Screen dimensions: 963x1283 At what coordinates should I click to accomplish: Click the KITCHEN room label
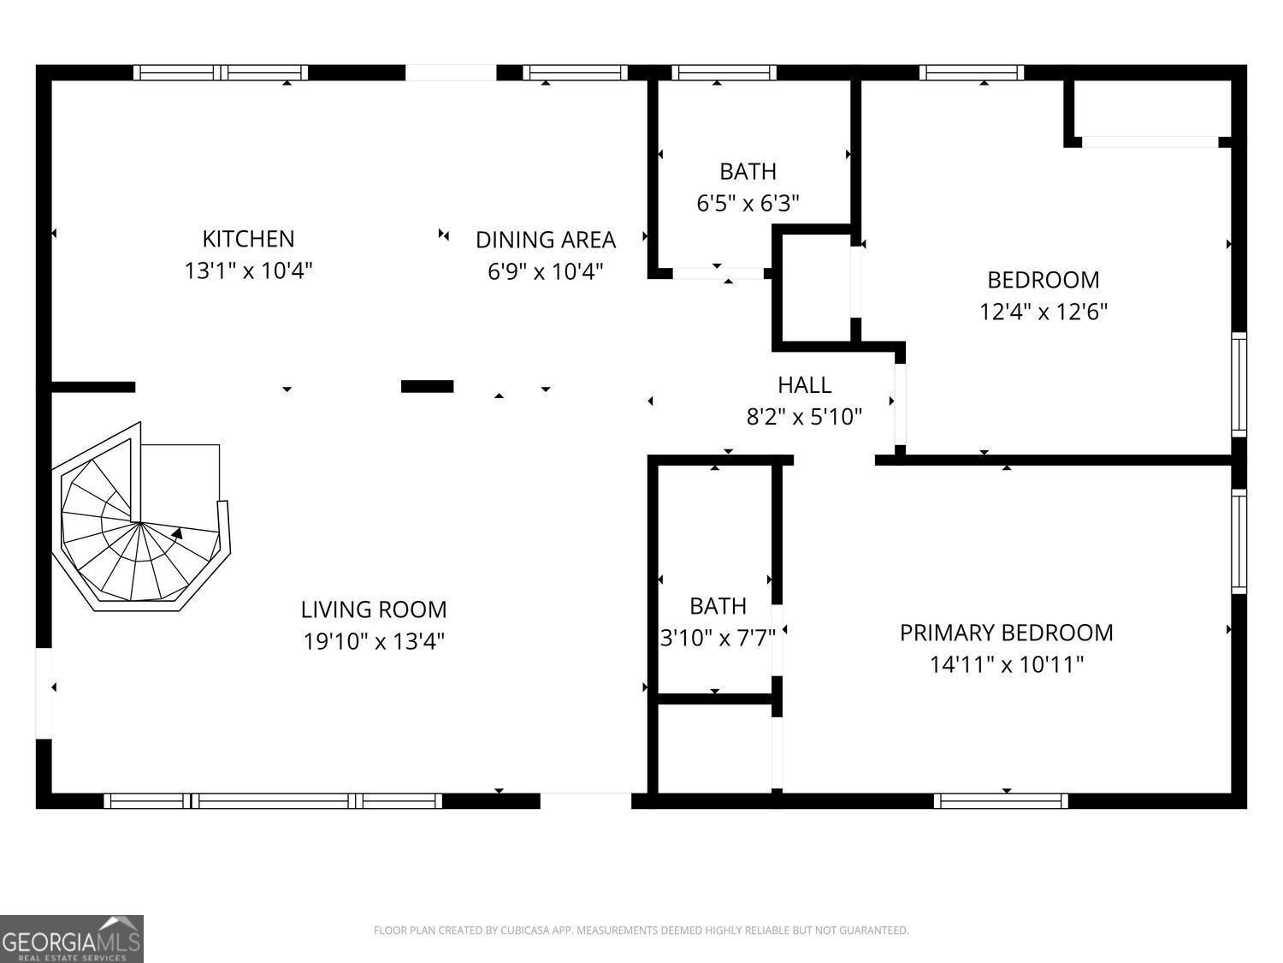[x=248, y=239]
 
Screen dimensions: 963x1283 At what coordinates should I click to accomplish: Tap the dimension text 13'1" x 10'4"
[x=248, y=271]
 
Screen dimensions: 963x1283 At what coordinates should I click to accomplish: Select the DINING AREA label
[x=546, y=240]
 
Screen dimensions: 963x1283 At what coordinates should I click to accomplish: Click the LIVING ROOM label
[x=374, y=609]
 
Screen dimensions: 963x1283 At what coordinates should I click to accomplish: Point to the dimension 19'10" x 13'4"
[x=374, y=641]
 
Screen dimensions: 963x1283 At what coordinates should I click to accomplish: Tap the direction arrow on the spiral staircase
[x=177, y=533]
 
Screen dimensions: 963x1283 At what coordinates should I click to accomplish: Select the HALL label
[x=804, y=385]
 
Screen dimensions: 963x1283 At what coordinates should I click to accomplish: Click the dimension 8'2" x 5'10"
[x=804, y=417]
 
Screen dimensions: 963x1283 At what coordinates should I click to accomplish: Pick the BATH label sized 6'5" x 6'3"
[x=748, y=172]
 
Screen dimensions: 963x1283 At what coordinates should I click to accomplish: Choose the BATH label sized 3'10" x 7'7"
[x=718, y=606]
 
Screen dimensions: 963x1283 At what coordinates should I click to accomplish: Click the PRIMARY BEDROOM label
[x=1006, y=633]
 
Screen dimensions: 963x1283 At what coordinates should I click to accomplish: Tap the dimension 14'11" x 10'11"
[x=1006, y=664]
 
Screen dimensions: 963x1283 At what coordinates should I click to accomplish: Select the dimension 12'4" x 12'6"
[x=1043, y=312]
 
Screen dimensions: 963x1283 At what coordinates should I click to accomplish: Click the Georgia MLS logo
[x=72, y=939]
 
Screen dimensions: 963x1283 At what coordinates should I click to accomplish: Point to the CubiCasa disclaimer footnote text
[x=641, y=930]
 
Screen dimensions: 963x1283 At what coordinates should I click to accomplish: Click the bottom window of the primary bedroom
[x=1001, y=800]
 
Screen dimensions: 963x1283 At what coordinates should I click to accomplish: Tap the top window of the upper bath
[x=724, y=73]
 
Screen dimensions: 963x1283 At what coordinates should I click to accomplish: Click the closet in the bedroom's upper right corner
[x=1150, y=109]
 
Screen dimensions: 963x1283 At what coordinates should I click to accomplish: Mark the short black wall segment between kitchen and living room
[x=427, y=387]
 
